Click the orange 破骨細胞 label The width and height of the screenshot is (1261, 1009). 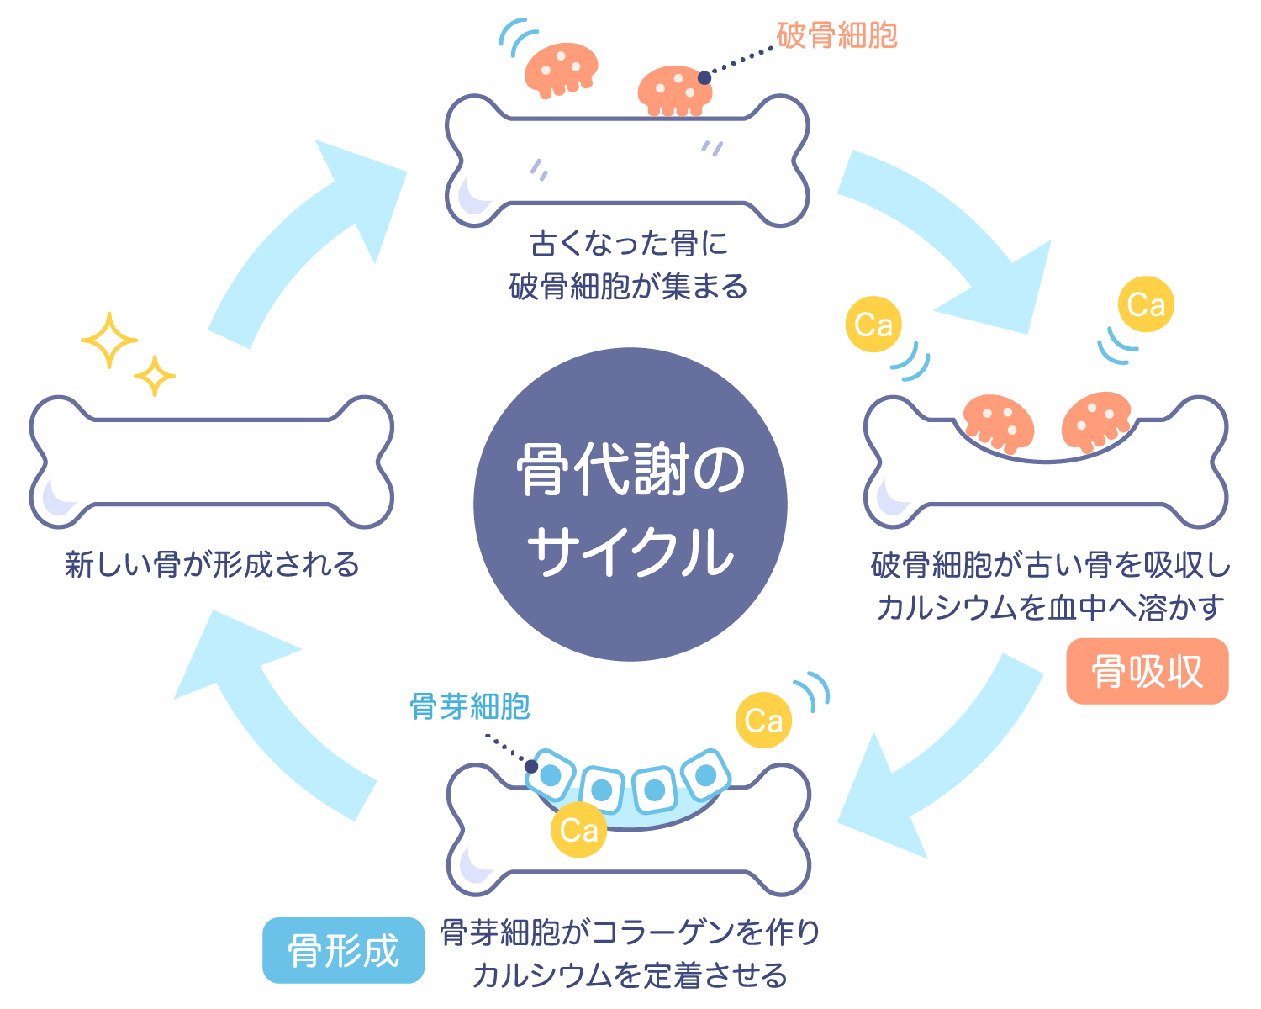(x=836, y=35)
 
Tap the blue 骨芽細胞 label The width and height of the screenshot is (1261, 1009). (x=470, y=706)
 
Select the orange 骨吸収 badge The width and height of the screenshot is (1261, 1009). (x=1147, y=672)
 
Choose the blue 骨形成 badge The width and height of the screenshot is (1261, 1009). (x=343, y=951)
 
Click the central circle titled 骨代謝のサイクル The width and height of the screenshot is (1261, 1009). (x=630, y=504)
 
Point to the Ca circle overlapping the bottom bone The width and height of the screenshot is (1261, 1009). (x=579, y=830)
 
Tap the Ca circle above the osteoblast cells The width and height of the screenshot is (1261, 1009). (x=763, y=721)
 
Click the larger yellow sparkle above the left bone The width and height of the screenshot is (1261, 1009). (x=108, y=341)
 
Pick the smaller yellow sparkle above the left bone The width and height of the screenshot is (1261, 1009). (x=155, y=376)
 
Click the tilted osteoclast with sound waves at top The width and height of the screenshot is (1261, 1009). (x=561, y=67)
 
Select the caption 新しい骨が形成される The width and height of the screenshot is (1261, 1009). (x=211, y=564)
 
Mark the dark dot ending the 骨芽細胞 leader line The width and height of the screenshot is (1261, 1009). (x=531, y=766)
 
